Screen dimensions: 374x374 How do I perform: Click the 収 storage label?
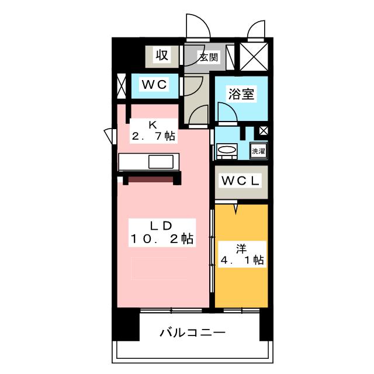162,56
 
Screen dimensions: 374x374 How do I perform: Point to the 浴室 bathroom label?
241,93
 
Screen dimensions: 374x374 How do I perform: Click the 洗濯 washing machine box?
258,150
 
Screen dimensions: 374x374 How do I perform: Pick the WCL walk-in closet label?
240,181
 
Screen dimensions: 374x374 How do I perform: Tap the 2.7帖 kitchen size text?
153,136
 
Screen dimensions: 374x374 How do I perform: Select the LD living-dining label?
159,226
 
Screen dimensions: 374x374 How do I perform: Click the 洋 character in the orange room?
241,247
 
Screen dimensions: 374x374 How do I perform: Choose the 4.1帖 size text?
242,260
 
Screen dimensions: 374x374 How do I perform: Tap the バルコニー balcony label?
193,334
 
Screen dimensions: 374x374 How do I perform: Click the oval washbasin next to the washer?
226,151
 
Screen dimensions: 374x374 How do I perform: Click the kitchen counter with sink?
151,162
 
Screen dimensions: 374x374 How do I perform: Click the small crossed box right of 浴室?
264,131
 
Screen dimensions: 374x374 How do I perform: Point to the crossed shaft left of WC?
121,86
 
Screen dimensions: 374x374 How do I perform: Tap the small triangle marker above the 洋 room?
236,207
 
